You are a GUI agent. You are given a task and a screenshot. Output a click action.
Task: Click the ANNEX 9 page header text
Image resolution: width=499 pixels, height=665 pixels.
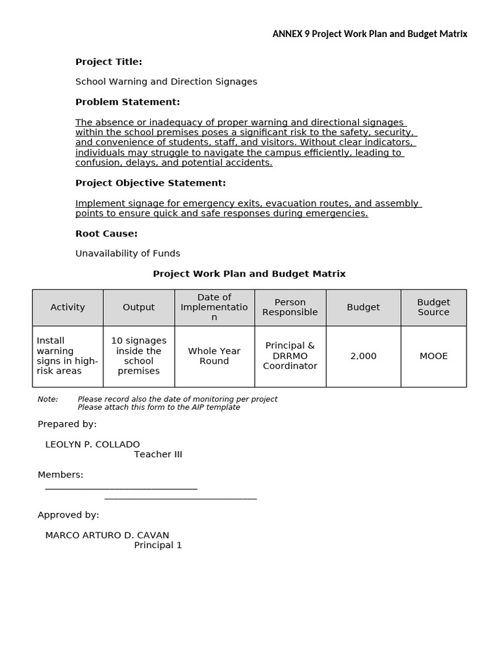pyautogui.click(x=369, y=34)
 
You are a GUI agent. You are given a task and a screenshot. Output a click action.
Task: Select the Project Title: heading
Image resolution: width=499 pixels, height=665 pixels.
pyautogui.click(x=109, y=62)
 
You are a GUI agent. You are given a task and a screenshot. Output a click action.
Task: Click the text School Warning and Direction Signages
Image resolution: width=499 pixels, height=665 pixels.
pyautogui.click(x=166, y=82)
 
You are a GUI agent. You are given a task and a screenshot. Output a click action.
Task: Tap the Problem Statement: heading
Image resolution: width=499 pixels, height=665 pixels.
pyautogui.click(x=127, y=102)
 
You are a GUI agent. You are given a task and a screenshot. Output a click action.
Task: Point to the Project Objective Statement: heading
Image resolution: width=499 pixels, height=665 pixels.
pyautogui.click(x=151, y=183)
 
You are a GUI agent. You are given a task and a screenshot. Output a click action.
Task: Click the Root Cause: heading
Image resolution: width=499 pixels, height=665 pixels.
pyautogui.click(x=107, y=234)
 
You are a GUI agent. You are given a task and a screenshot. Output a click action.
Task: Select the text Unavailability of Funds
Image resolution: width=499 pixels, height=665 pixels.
pyautogui.click(x=128, y=254)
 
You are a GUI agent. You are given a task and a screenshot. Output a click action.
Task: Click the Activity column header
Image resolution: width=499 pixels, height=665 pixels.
pyautogui.click(x=68, y=307)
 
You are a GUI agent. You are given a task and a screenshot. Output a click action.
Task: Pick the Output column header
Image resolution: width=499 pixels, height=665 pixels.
pyautogui.click(x=139, y=307)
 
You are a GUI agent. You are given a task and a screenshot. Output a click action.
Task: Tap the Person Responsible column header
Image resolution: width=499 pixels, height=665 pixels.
pyautogui.click(x=290, y=307)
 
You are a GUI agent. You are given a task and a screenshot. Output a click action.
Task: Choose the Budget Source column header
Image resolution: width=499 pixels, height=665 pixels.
pyautogui.click(x=433, y=307)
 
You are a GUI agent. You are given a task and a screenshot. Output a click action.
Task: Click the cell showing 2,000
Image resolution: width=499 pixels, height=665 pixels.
pyautogui.click(x=363, y=356)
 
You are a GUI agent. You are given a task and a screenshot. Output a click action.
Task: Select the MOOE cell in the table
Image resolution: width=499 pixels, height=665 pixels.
pyautogui.click(x=433, y=356)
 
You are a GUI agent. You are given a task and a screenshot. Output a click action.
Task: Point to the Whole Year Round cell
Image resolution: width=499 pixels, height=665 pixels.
pyautogui.click(x=214, y=356)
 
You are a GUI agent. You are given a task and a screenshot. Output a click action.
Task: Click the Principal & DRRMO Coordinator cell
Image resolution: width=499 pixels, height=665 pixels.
pyautogui.click(x=290, y=356)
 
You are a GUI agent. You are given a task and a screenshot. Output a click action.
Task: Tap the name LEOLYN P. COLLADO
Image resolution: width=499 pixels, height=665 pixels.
pyautogui.click(x=92, y=444)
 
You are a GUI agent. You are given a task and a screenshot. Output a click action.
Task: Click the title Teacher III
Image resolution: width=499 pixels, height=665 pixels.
pyautogui.click(x=158, y=455)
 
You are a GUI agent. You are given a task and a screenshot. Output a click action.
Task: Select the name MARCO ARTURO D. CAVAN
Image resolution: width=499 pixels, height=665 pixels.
pyautogui.click(x=107, y=535)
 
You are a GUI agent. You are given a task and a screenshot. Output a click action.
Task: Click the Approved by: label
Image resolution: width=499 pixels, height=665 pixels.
pyautogui.click(x=68, y=515)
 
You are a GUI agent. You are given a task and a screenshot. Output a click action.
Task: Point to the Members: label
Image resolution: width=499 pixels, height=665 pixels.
pyautogui.click(x=60, y=475)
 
